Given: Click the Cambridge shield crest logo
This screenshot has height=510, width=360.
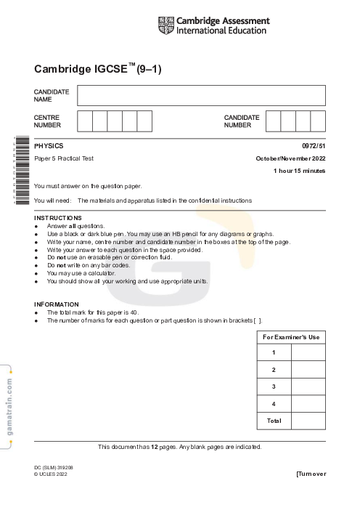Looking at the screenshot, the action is click(x=165, y=25).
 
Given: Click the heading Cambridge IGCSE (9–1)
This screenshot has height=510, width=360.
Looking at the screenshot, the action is click(x=97, y=70).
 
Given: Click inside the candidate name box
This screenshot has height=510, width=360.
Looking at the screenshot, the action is click(x=201, y=95).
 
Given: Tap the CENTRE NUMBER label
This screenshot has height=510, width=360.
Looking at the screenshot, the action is click(x=47, y=121).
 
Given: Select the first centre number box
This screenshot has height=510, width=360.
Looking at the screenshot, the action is click(x=85, y=121).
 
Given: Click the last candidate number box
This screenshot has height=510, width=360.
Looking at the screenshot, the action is click(x=318, y=121).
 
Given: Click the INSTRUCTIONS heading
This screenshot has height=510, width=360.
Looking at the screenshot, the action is click(x=58, y=218).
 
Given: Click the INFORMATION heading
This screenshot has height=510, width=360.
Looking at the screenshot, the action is click(x=57, y=304).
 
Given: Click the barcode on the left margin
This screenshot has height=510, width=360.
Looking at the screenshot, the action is click(x=21, y=171).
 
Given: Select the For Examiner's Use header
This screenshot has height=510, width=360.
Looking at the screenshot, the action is click(x=291, y=337).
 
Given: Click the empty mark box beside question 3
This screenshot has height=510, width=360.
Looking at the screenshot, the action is click(x=308, y=386).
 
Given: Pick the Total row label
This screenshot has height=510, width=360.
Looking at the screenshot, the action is click(x=274, y=421).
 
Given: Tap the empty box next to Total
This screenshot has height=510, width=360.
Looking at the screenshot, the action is click(x=308, y=421).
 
